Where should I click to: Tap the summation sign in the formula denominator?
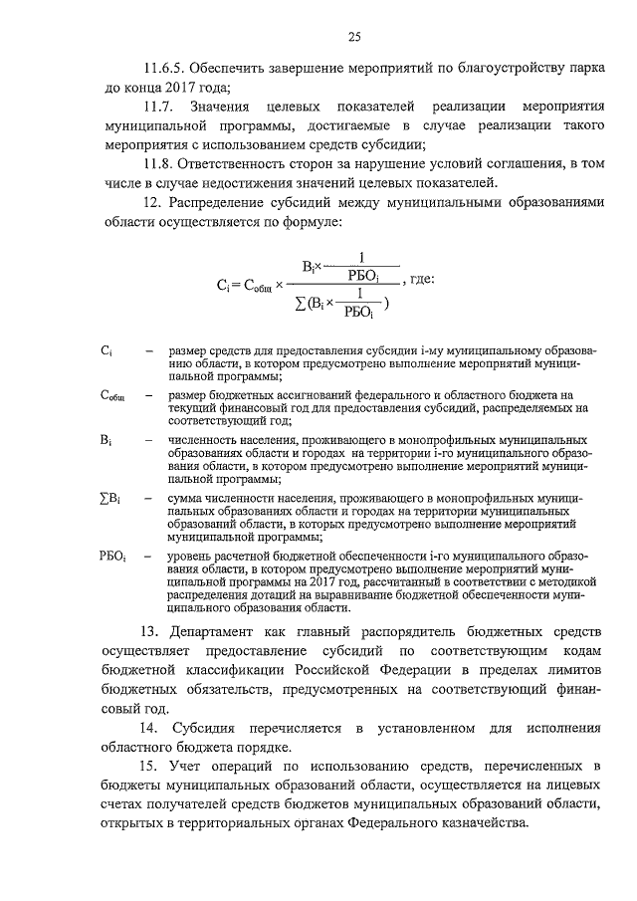pyautogui.click(x=301, y=302)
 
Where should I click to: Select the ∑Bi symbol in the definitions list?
pyautogui.click(x=110, y=498)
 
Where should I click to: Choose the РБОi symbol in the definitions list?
pyautogui.click(x=113, y=556)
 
